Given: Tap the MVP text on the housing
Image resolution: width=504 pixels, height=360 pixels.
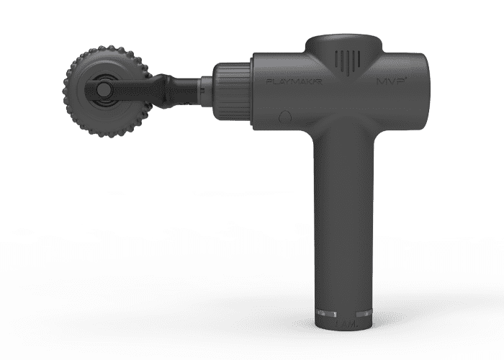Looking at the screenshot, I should (389, 84).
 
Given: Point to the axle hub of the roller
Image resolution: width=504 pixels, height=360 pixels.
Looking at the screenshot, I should (103, 89).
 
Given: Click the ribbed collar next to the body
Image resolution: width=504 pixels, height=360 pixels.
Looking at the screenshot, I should (232, 88).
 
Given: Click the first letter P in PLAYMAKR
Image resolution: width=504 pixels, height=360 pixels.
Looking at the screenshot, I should (269, 84).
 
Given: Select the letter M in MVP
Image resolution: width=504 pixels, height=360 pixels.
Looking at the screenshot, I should (379, 84).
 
